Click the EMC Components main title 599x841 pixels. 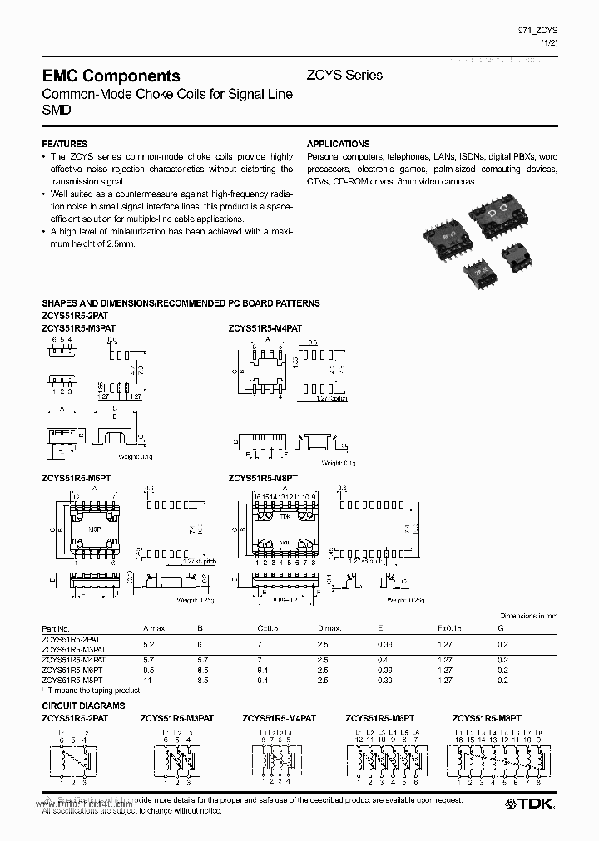point(111,76)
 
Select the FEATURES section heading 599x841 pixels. point(64,144)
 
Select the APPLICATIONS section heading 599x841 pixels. point(338,144)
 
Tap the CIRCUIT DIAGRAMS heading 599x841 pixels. point(83,705)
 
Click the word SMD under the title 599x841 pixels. point(57,109)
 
